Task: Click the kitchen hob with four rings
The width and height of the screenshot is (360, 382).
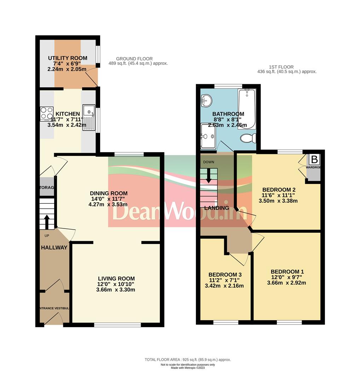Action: [47, 113]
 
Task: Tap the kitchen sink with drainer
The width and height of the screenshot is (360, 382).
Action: [88, 118]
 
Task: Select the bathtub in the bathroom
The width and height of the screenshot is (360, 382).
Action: [246, 108]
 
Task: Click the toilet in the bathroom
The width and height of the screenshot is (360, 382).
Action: [249, 138]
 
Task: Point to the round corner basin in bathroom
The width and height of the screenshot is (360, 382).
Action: [206, 101]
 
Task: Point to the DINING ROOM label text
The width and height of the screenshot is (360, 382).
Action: [109, 193]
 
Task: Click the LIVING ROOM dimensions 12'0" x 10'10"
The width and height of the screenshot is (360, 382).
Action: [116, 284]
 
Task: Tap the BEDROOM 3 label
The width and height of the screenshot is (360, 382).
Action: [225, 274]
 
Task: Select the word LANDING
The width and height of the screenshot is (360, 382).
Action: [216, 208]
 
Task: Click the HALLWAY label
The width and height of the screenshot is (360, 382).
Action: [54, 248]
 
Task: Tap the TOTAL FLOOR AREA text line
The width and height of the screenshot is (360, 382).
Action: [187, 359]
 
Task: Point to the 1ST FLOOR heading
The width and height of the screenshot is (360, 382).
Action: [281, 67]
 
